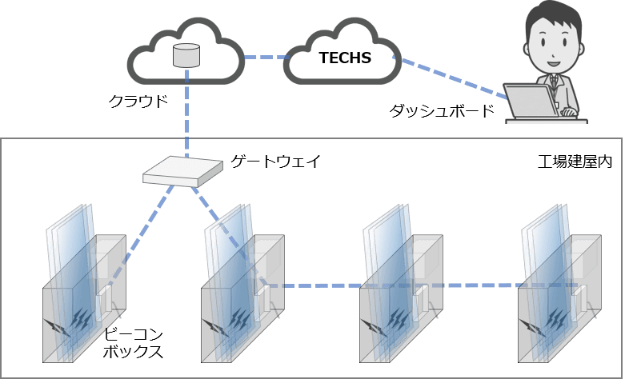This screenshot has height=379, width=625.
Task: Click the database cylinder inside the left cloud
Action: click(186, 55)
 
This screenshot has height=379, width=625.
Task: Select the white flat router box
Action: click(183, 168)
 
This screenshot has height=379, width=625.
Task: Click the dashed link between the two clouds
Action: click(265, 57)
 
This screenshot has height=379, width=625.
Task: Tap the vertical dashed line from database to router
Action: click(186, 112)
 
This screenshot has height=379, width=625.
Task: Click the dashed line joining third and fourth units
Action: click(480, 285)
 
